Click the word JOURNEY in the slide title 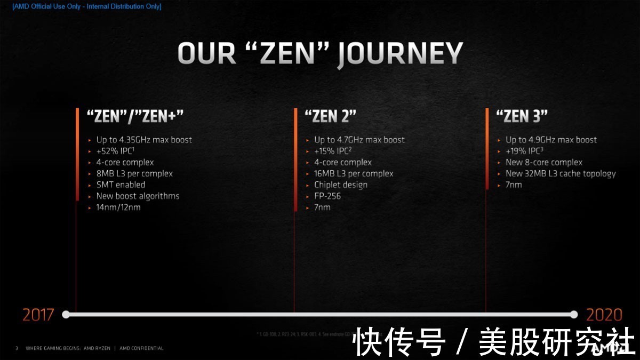point(400,54)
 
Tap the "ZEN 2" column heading point(330,116)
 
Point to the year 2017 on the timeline point(38,315)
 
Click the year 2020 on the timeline point(604,315)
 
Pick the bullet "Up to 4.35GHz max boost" point(144,140)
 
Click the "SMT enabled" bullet point(121,185)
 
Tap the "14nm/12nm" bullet point(118,207)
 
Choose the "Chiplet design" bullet point(340,185)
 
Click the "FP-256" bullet point(327,196)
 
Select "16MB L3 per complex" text point(354,173)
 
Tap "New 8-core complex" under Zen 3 point(544,162)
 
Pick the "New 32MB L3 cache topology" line point(561,173)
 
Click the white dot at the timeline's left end point(66,314)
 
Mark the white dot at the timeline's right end point(574,314)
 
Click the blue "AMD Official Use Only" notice point(86,6)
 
